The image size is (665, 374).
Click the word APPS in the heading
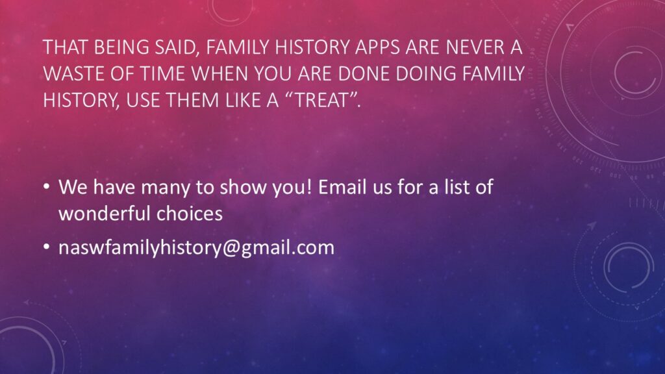pyautogui.click(x=377, y=47)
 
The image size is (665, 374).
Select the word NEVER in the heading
pyautogui.click(x=471, y=47)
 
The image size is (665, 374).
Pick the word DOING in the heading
pyautogui.click(x=426, y=74)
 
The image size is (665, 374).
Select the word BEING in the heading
pyautogui.click(x=121, y=47)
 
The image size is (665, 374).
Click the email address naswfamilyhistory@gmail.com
pyautogui.click(x=196, y=247)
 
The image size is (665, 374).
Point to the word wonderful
pyautogui.click(x=105, y=213)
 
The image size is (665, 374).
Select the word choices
pyautogui.click(x=190, y=213)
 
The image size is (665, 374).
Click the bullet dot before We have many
pyautogui.click(x=47, y=187)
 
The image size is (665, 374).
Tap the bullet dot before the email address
pyautogui.click(x=47, y=247)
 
